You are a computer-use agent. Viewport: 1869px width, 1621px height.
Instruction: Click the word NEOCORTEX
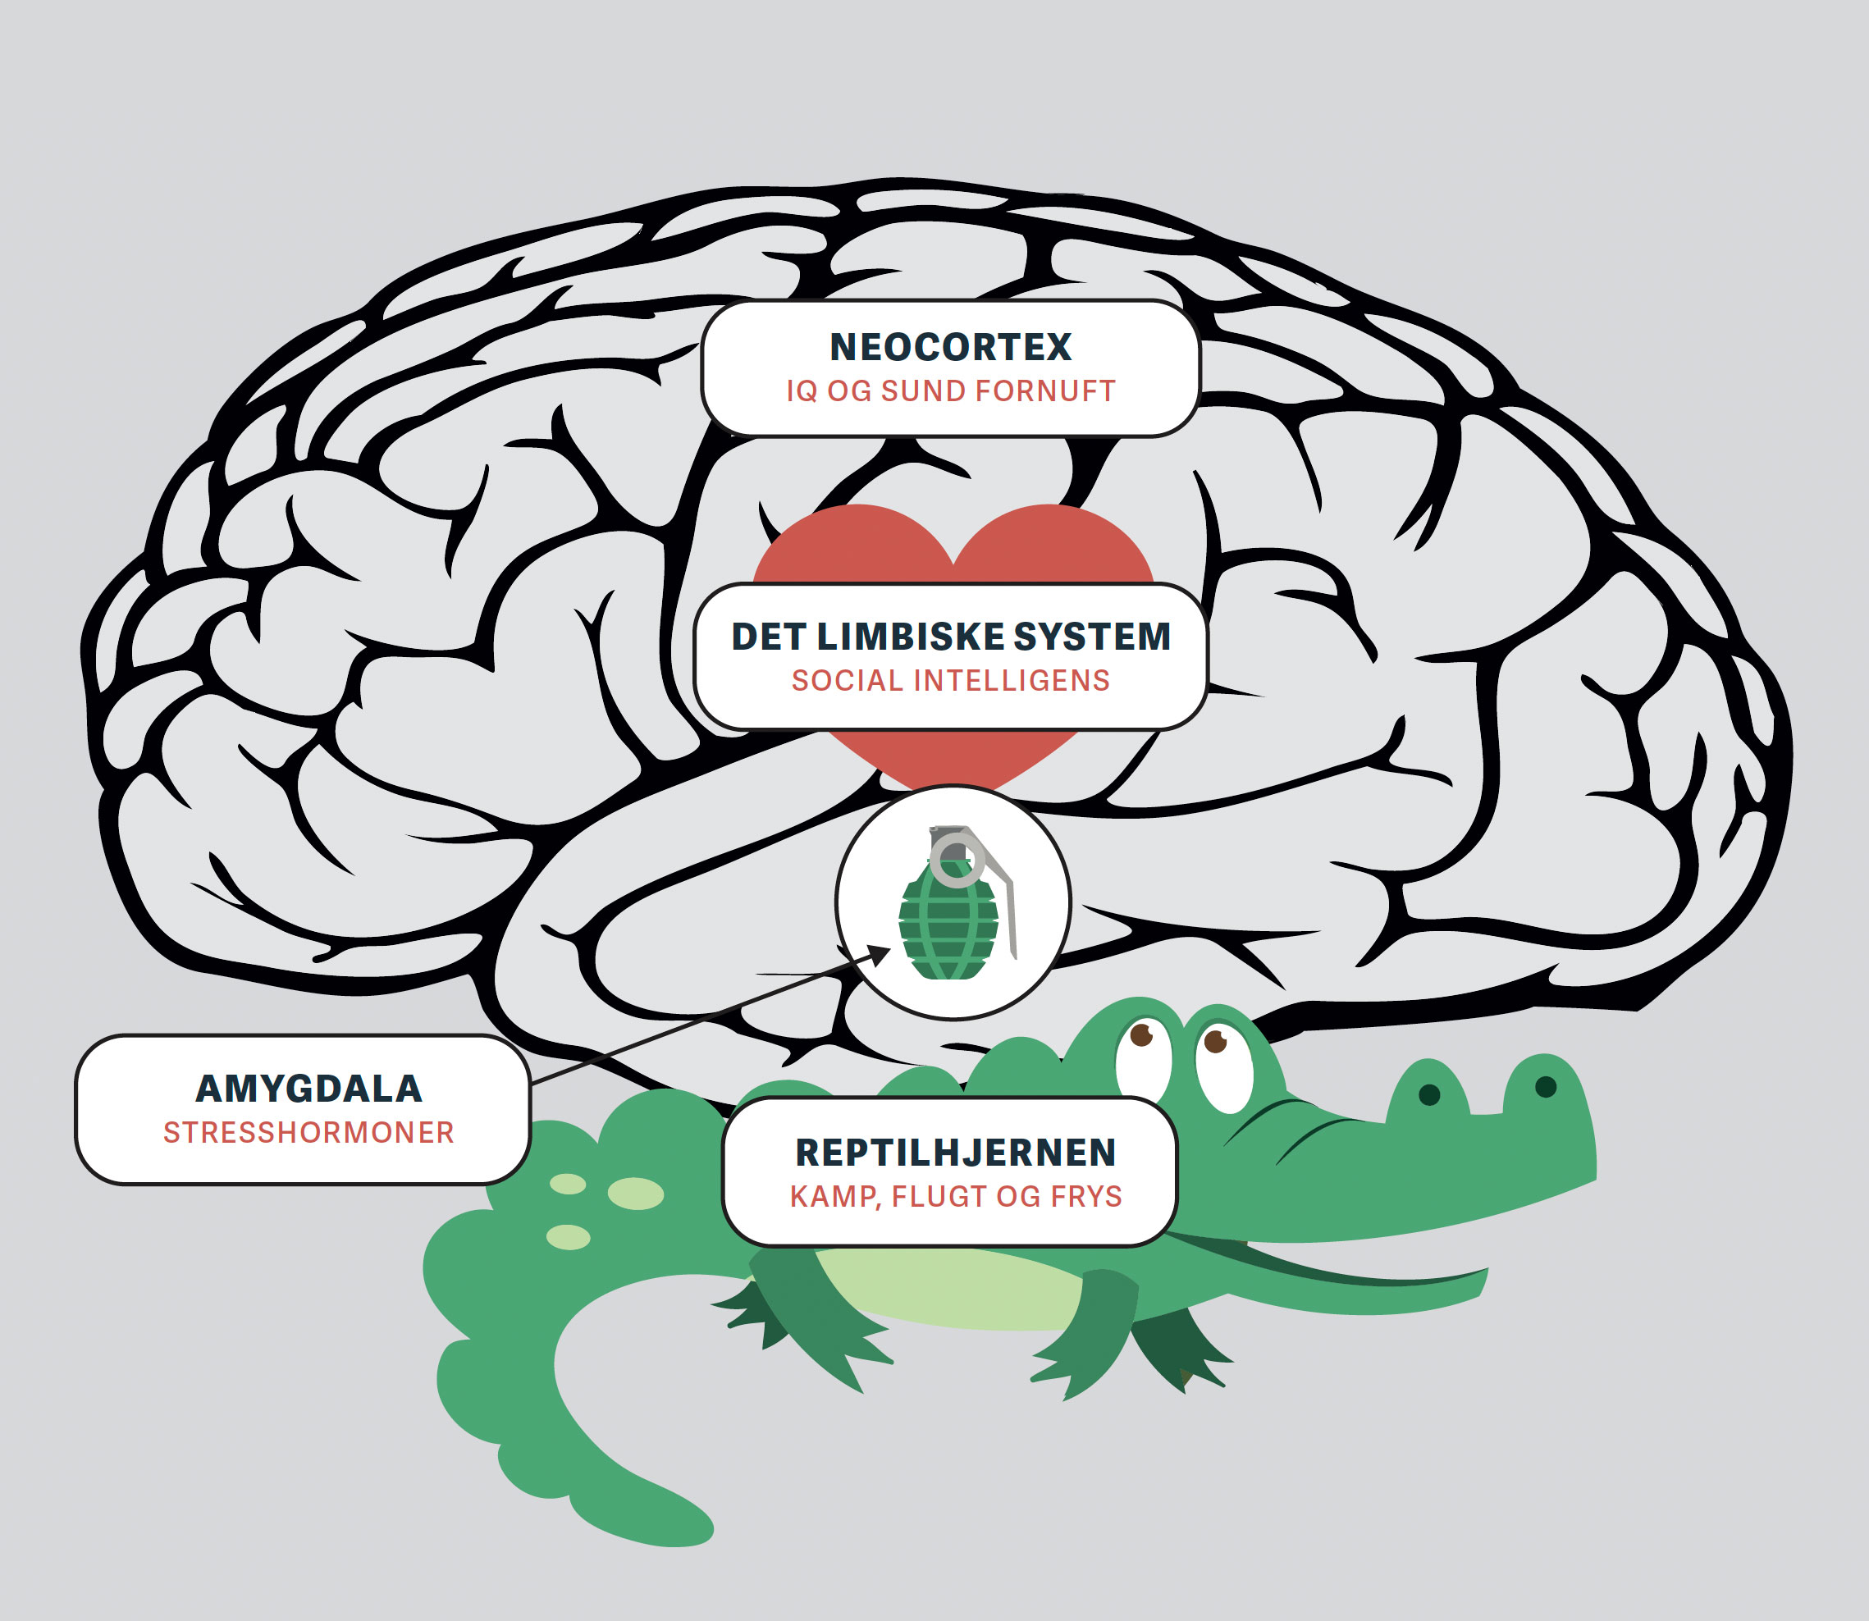click(x=950, y=347)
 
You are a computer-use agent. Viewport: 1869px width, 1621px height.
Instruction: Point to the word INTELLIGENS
click(x=1012, y=680)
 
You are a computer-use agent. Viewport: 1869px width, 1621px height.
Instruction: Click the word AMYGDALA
click(x=308, y=1089)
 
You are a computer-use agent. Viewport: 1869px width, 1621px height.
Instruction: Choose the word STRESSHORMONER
click(x=308, y=1133)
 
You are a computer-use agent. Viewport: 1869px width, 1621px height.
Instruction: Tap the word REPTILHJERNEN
click(x=955, y=1153)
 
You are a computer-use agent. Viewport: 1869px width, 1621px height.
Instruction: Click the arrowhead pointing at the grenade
click(x=880, y=953)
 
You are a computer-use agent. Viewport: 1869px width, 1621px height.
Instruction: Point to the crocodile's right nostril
click(x=1545, y=1086)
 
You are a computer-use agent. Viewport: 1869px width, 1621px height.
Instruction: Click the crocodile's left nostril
click(x=1429, y=1095)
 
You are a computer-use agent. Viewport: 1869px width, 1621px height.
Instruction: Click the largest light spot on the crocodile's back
click(x=635, y=1193)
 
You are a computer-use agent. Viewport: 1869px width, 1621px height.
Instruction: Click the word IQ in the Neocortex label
click(x=801, y=390)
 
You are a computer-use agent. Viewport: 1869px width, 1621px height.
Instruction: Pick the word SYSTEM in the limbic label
click(x=1091, y=637)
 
